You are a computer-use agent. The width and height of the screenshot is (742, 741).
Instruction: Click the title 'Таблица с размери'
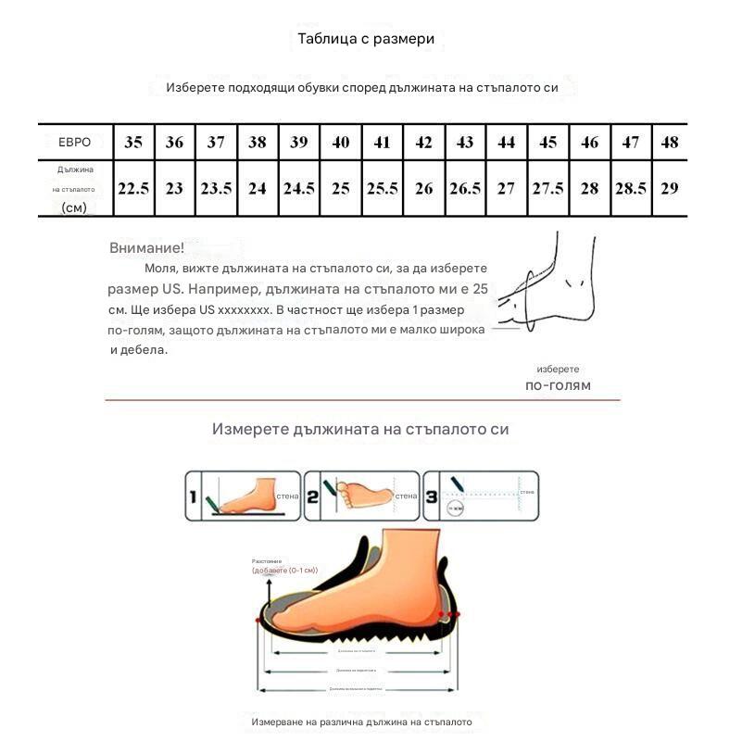coord(365,39)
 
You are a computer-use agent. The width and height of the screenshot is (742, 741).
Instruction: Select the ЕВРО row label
coord(74,142)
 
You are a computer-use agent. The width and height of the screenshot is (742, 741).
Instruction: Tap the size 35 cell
coord(133,142)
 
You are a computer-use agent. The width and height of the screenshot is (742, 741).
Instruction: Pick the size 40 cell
coord(341,142)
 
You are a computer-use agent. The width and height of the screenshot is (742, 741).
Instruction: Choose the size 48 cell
coord(670,142)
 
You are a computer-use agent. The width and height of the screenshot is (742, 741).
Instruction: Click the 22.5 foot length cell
coord(133,187)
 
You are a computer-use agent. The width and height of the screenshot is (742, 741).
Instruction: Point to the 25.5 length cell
coord(382,187)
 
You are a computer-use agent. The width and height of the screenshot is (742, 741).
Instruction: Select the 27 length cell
coord(506,187)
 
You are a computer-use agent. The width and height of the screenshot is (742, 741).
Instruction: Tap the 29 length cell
coord(670,187)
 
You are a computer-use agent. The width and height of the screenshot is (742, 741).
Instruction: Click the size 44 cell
coord(506,142)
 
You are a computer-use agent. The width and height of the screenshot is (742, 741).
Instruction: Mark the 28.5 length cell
coord(630,187)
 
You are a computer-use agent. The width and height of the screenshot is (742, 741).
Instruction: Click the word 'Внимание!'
coord(146,248)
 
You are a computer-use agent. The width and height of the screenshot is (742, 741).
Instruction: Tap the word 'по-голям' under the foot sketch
coord(558,385)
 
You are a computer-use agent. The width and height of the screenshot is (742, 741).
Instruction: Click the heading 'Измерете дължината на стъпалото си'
coord(360,430)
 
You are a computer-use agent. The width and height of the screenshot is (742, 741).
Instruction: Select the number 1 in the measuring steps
coord(194,497)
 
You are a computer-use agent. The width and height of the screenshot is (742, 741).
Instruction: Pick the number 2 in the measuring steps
coord(312,497)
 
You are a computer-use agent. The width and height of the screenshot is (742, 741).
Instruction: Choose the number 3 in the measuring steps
coord(431,497)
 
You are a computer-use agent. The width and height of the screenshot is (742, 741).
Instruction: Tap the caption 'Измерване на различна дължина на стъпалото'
coord(361,722)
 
